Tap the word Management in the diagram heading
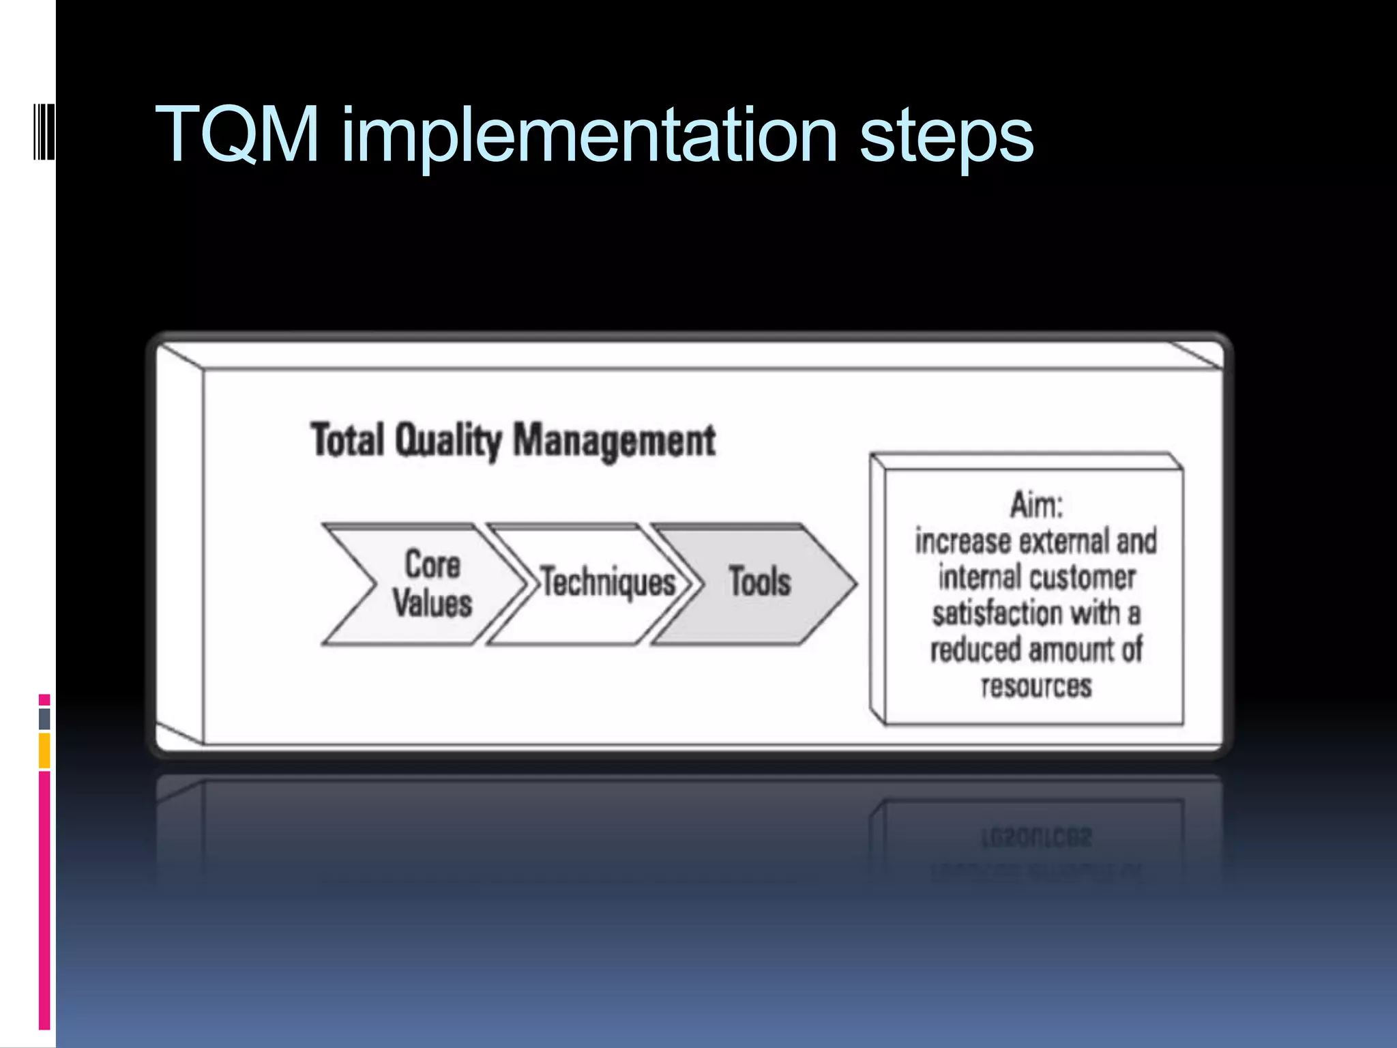614,441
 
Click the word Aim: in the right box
1035,505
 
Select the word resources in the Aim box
1035,686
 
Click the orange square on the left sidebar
44,750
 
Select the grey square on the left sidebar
44,718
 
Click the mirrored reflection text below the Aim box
1035,838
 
